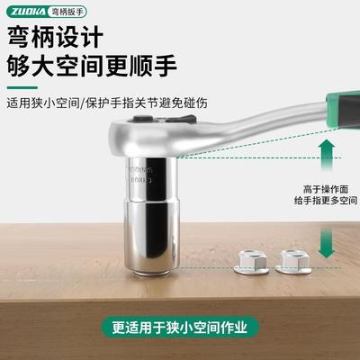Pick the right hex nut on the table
point(291,261)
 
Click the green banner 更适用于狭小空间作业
point(180,327)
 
